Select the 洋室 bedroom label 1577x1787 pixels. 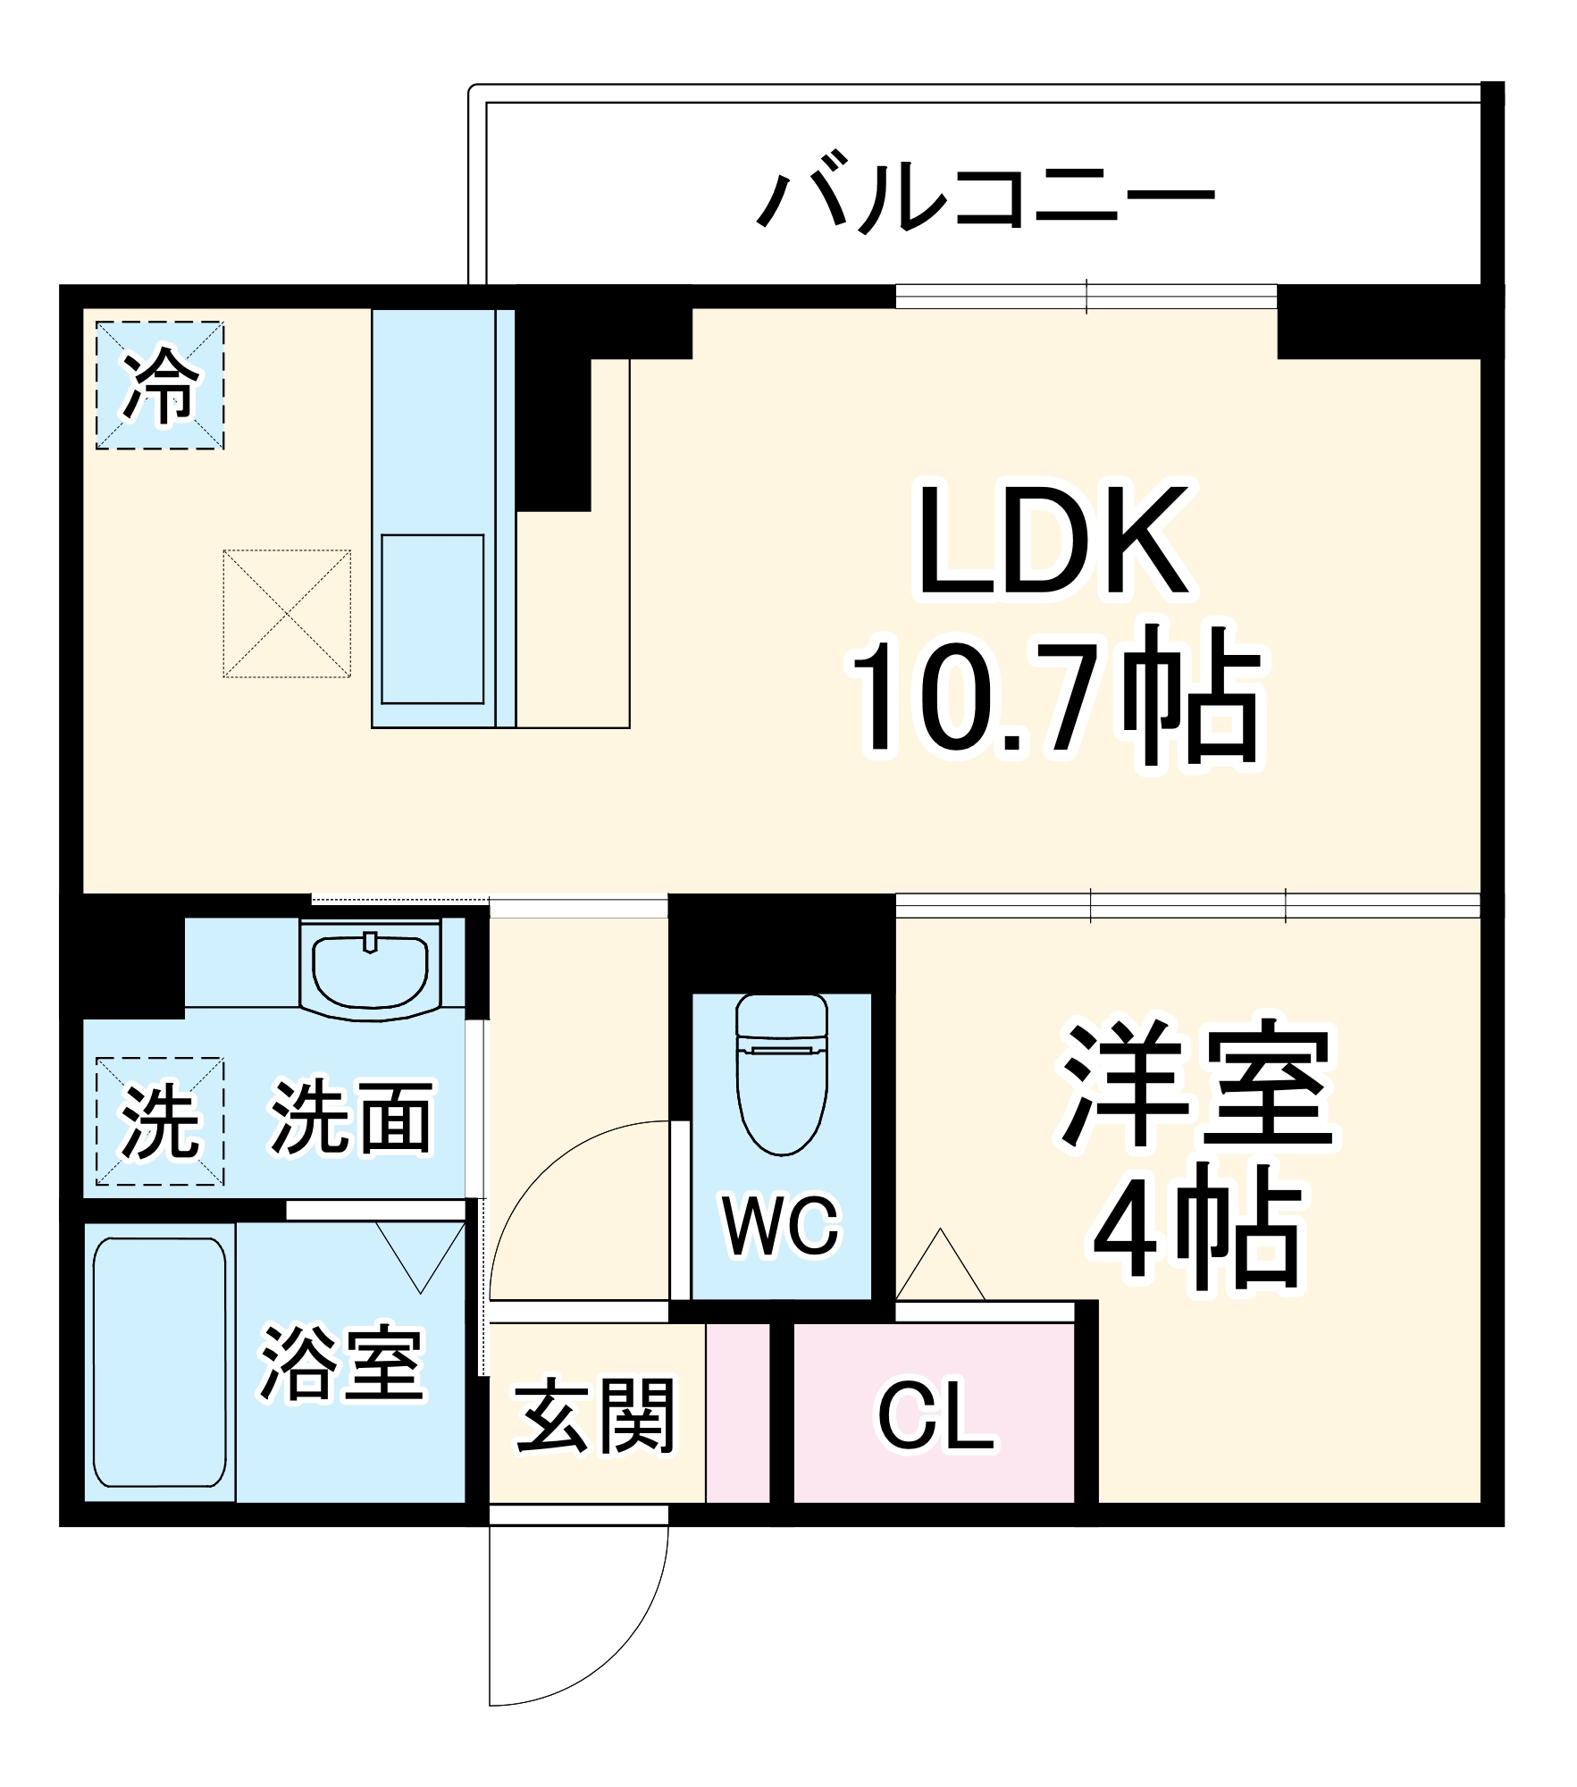click(1197, 1085)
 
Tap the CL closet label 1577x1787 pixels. click(935, 1417)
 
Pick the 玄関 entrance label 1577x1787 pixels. click(595, 1416)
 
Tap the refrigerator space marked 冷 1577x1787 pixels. click(160, 385)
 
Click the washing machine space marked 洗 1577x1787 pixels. click(160, 1121)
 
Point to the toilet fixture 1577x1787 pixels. click(782, 1072)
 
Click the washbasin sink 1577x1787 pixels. click(370, 970)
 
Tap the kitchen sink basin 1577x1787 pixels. click(432, 619)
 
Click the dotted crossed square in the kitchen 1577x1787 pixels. click(287, 614)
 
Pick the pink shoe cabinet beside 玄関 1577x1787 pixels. click(738, 1413)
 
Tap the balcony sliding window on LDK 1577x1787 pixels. click(1086, 296)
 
